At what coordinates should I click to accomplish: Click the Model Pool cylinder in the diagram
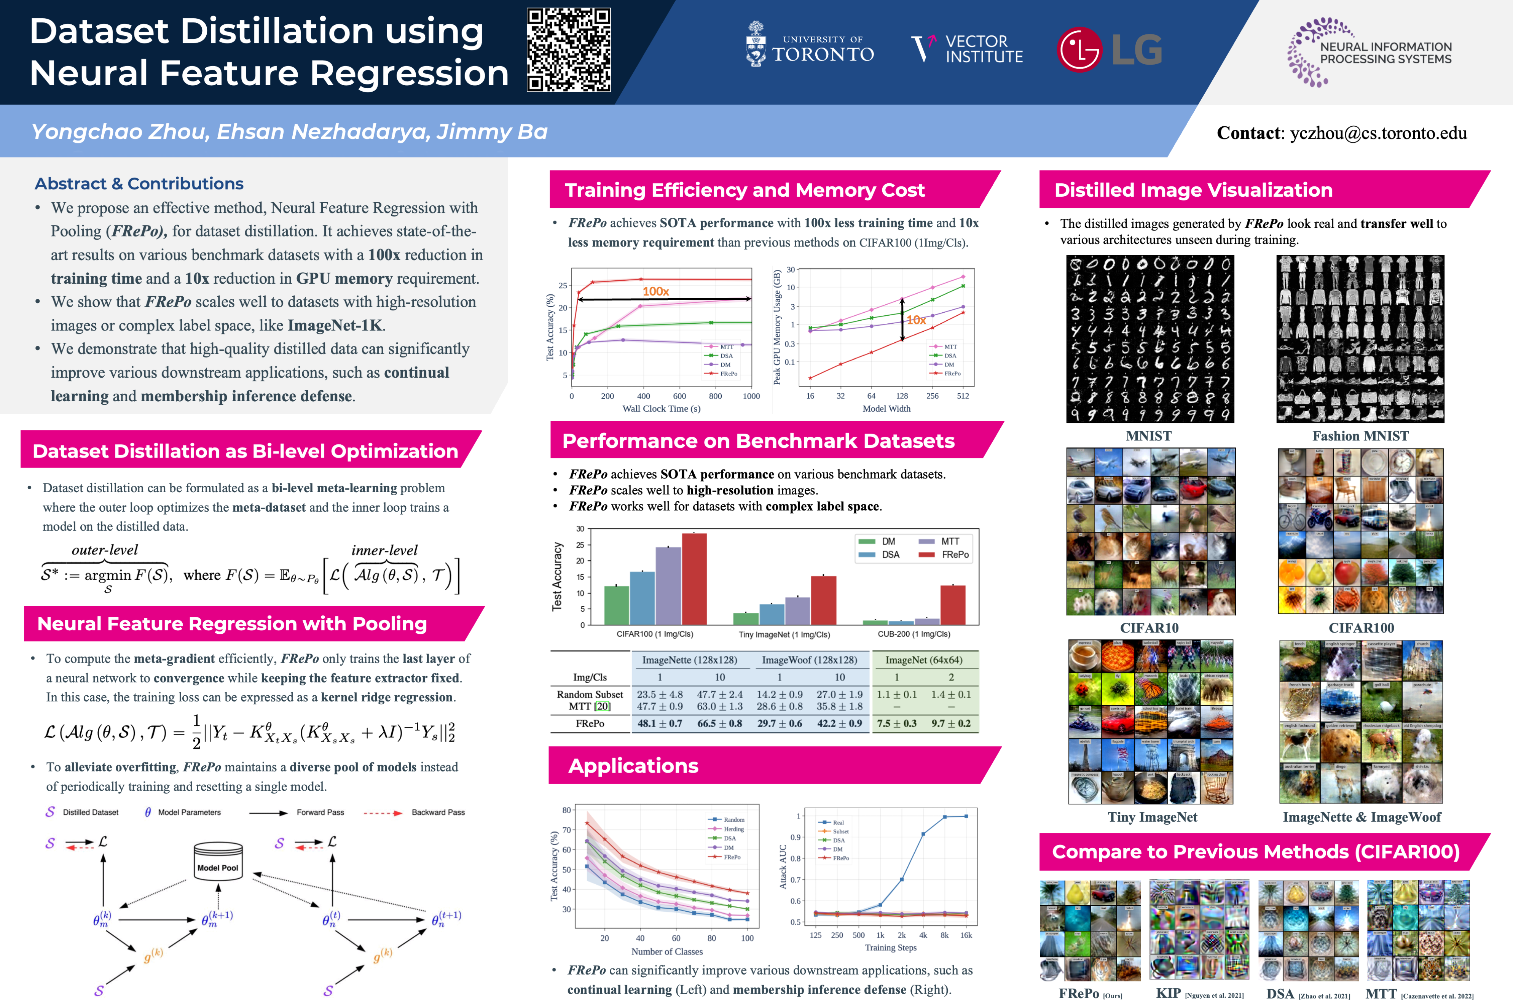click(218, 860)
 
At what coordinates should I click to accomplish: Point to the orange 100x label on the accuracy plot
click(655, 291)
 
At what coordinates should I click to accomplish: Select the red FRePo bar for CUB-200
click(953, 604)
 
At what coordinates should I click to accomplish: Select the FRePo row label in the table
click(590, 723)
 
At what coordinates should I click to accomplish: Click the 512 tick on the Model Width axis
click(963, 396)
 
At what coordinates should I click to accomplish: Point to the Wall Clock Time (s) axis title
click(661, 409)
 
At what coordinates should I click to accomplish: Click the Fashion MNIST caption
click(1360, 436)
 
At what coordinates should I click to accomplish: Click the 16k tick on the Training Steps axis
click(966, 935)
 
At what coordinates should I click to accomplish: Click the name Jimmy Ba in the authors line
click(492, 132)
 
